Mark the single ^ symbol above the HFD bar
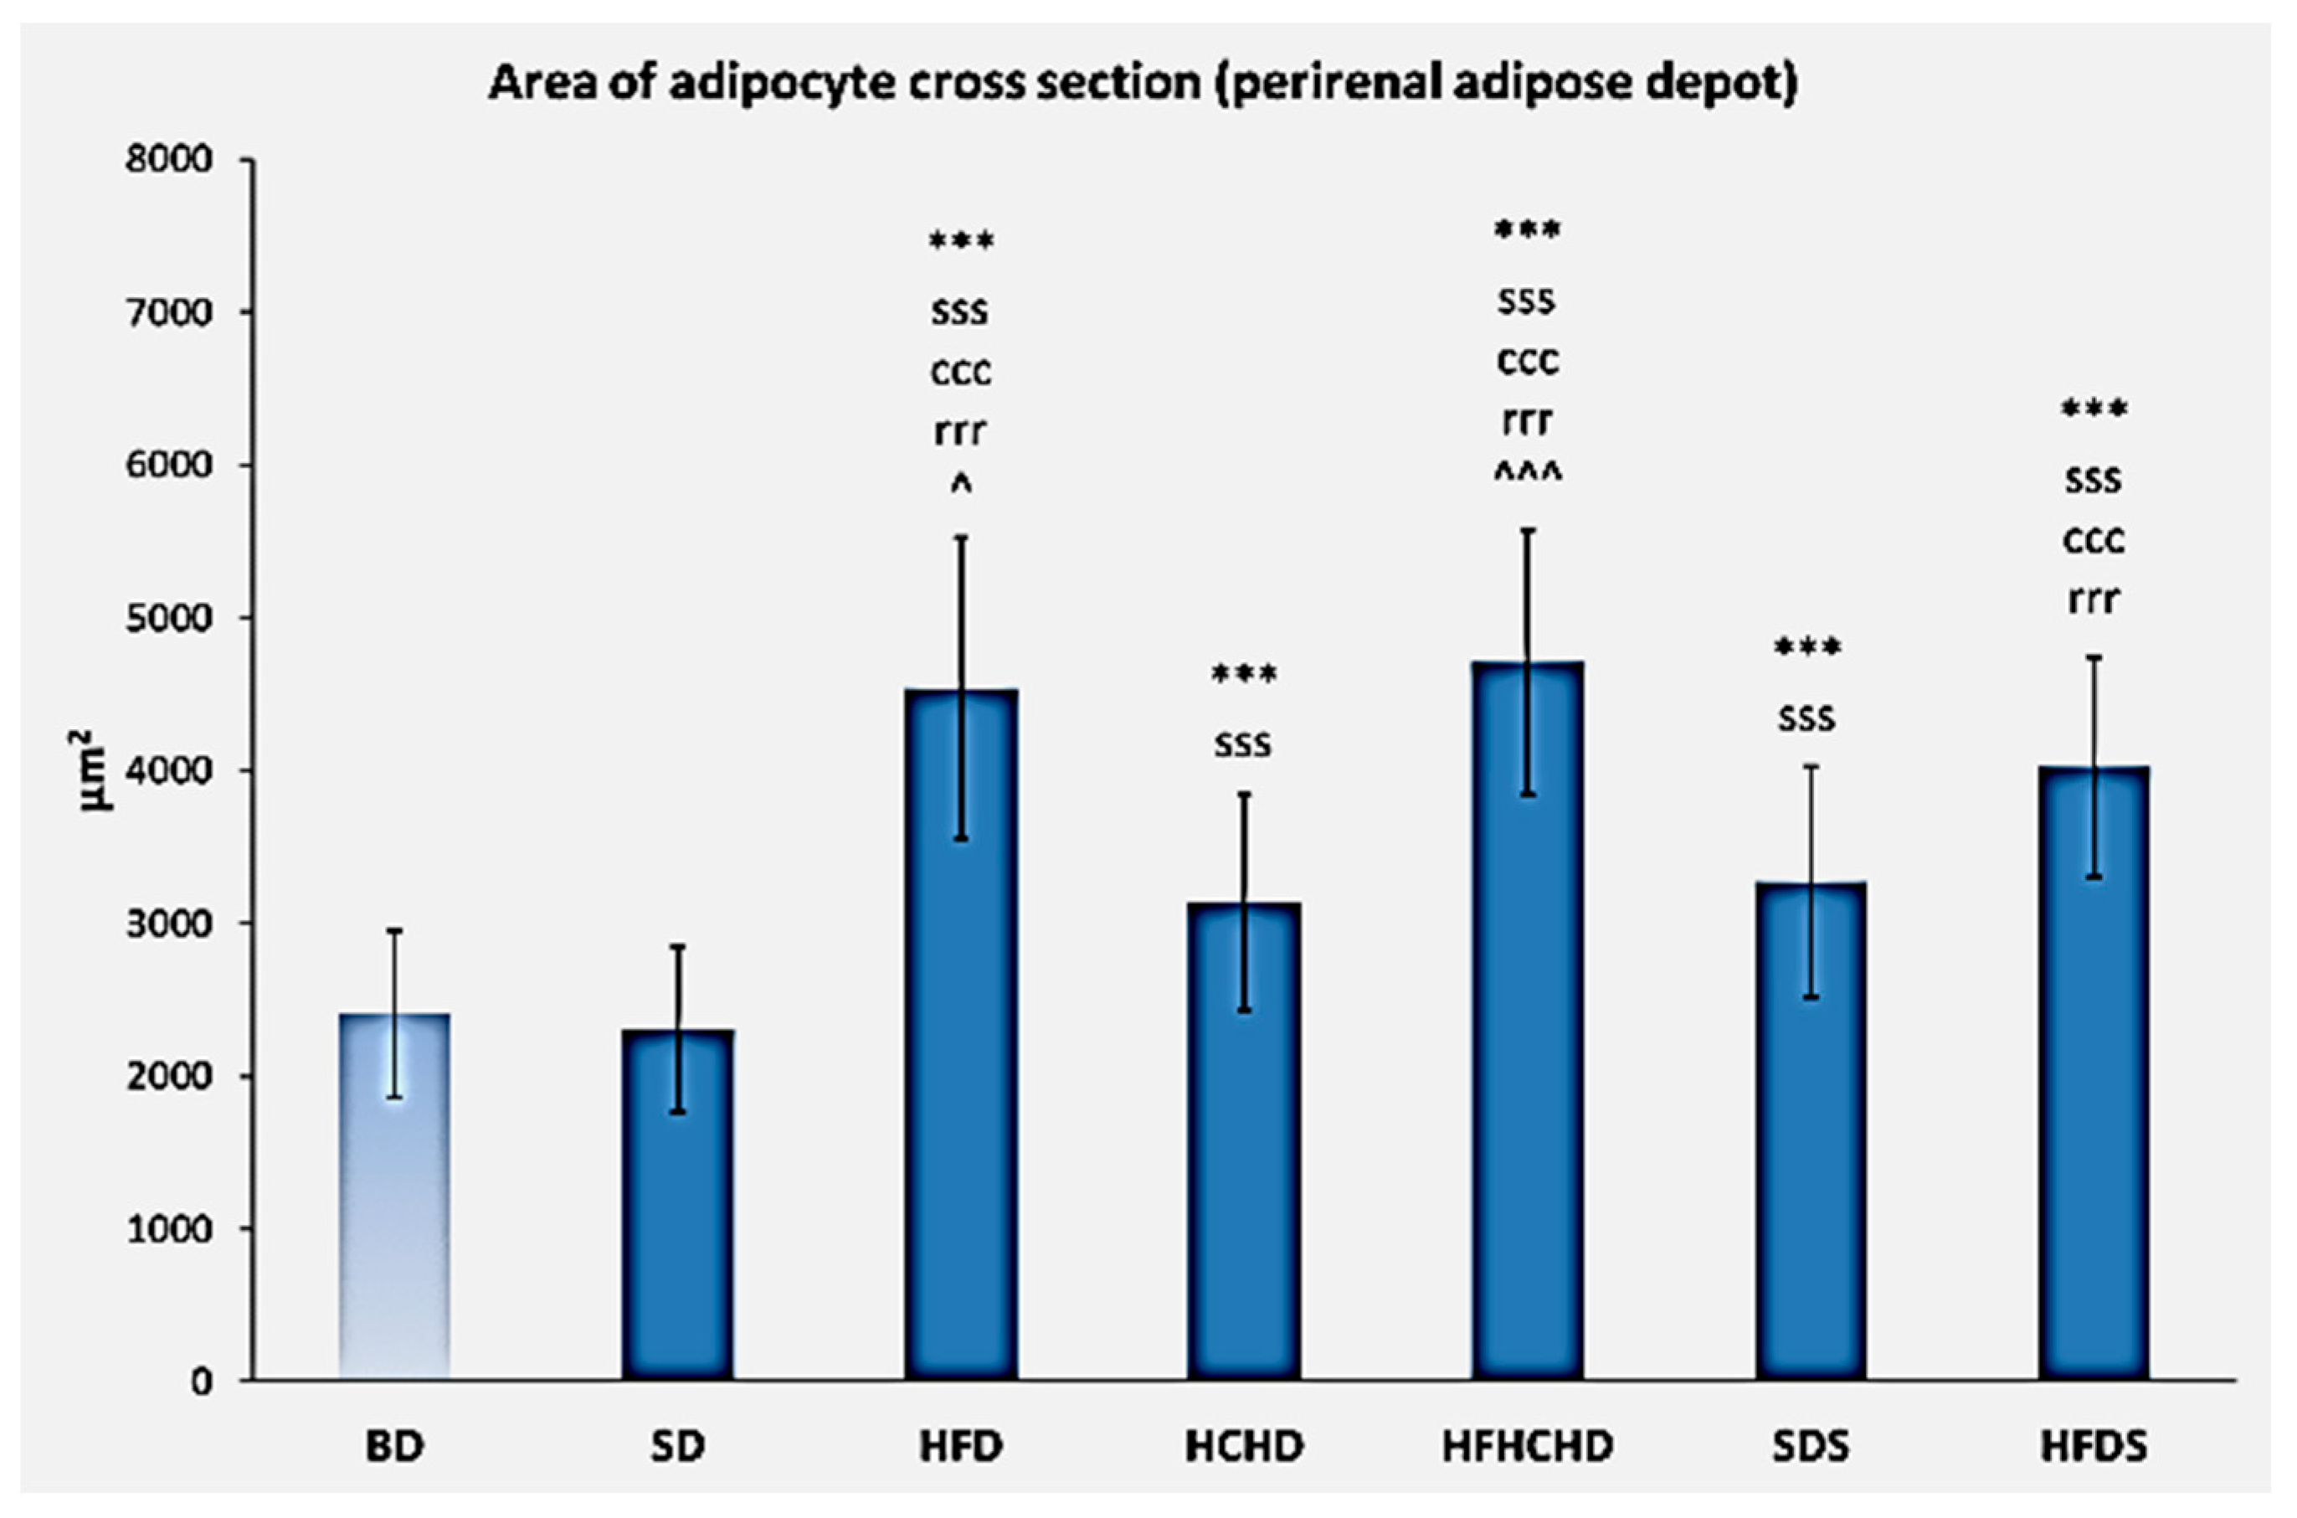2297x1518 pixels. pyautogui.click(x=961, y=487)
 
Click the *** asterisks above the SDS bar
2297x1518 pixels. pyautogui.click(x=1807, y=648)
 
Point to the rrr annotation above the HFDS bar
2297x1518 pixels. pyautogui.click(x=2093, y=600)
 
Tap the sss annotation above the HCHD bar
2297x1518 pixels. pyautogui.click(x=1244, y=744)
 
